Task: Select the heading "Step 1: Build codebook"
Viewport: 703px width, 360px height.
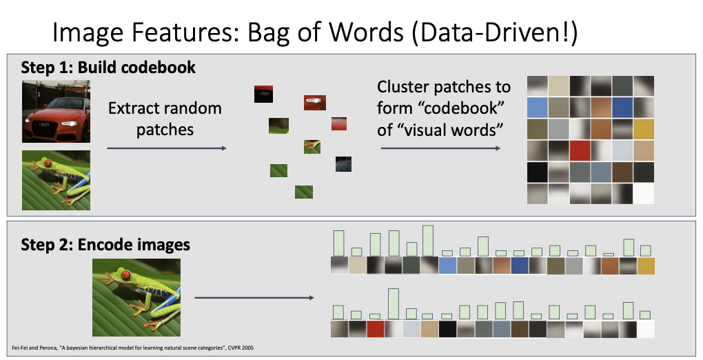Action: (x=108, y=68)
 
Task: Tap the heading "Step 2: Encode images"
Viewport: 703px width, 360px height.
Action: (x=105, y=245)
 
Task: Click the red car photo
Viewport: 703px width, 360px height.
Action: (x=56, y=111)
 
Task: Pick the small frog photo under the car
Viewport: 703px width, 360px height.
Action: (x=56, y=181)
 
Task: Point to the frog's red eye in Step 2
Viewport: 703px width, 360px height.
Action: (x=125, y=276)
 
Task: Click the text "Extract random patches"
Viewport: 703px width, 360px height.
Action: (x=165, y=119)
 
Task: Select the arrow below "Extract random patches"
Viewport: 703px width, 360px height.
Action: (x=166, y=148)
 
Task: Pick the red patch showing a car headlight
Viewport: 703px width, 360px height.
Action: (x=314, y=103)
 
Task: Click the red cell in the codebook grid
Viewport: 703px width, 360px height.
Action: (x=580, y=150)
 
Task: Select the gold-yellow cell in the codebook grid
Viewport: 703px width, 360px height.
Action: (x=643, y=128)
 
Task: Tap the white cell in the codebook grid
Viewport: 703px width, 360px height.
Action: (x=643, y=193)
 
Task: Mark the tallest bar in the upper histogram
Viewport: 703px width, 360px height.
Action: (x=427, y=241)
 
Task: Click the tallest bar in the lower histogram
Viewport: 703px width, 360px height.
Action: (x=394, y=303)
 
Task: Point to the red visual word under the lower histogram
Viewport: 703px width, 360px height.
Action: (x=375, y=329)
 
